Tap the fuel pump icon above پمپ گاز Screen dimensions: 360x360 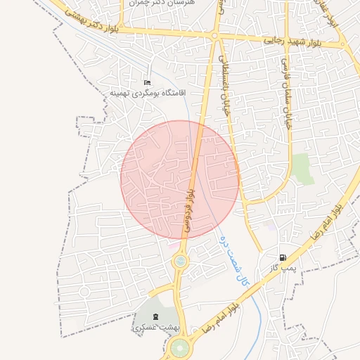(283, 258)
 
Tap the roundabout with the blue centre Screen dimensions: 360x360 (181, 262)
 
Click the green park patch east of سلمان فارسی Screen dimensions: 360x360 (302, 169)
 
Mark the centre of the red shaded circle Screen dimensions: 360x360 (180, 179)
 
